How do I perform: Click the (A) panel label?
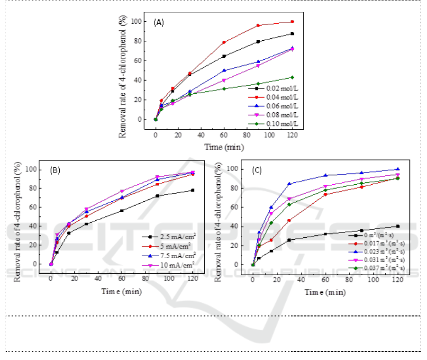click(x=159, y=22)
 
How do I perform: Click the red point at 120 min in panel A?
click(x=292, y=22)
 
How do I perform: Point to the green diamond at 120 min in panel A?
click(x=292, y=77)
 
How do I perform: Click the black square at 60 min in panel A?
click(x=224, y=56)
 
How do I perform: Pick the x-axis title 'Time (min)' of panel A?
click(x=224, y=147)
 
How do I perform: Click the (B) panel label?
click(x=58, y=171)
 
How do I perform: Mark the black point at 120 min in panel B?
click(x=192, y=190)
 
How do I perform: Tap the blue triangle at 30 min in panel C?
click(x=289, y=184)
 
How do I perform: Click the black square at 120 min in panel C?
click(x=398, y=226)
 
